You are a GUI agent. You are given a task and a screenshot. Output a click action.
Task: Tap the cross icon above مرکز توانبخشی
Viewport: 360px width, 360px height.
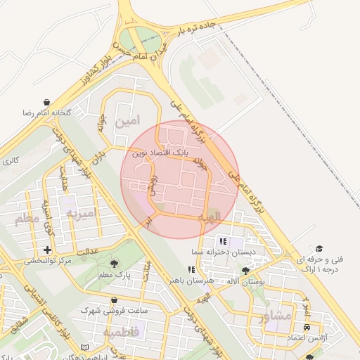point(47,250)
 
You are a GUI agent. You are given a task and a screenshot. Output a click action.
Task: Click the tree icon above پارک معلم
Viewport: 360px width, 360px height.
point(115,263)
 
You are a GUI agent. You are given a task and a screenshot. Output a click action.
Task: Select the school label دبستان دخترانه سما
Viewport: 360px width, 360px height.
point(219,251)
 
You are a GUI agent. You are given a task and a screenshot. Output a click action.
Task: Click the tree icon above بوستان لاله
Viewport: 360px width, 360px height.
point(245,271)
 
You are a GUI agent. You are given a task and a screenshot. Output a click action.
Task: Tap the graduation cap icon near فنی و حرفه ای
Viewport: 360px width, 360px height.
point(319,249)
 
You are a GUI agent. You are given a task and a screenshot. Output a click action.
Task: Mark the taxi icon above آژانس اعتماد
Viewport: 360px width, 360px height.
point(307,328)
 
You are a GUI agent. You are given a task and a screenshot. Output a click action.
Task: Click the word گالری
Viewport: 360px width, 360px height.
point(10,162)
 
